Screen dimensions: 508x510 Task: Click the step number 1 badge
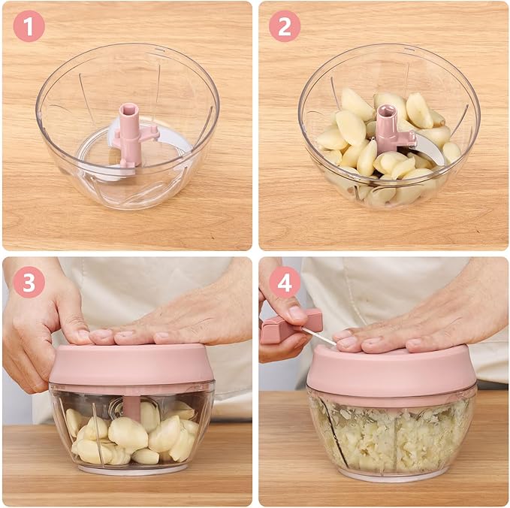click(x=29, y=26)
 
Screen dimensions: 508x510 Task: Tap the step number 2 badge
click(x=285, y=26)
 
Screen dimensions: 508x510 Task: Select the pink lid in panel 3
click(x=131, y=364)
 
